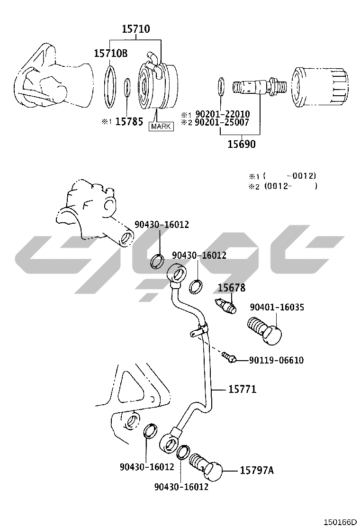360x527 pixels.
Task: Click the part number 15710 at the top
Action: [x=135, y=29]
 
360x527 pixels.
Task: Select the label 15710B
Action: [x=110, y=53]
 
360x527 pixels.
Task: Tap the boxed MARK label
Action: [x=161, y=127]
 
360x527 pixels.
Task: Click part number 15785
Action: [x=129, y=122]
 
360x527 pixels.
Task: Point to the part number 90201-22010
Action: [x=223, y=114]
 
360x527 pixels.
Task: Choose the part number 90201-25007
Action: [x=222, y=122]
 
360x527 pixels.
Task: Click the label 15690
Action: [x=242, y=144]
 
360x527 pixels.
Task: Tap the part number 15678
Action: [x=231, y=288]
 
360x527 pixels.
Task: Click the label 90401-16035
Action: [x=277, y=307]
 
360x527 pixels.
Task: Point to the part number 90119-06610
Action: [x=276, y=360]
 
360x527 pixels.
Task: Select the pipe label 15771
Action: [x=243, y=389]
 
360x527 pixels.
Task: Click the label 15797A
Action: [x=257, y=471]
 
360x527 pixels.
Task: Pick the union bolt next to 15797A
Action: [x=206, y=466]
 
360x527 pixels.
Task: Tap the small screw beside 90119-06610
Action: [x=229, y=356]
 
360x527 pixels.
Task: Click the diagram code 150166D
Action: [x=340, y=522]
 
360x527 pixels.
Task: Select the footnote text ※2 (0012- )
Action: [x=283, y=186]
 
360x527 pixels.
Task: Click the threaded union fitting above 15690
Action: [x=260, y=87]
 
